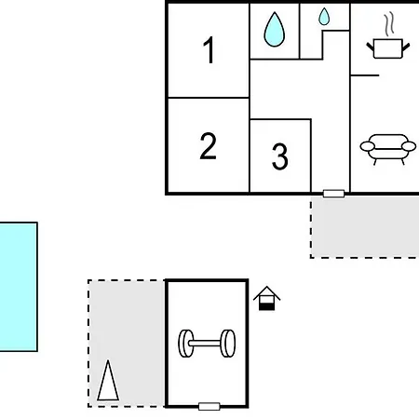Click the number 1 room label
[x=209, y=49]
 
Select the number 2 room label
[x=208, y=146]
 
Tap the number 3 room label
[x=280, y=156]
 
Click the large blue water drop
[x=275, y=30]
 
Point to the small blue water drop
[x=324, y=17]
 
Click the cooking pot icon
[x=388, y=48]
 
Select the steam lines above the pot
[x=389, y=23]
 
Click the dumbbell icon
[x=207, y=344]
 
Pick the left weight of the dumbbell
[x=186, y=344]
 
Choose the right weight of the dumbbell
[x=228, y=344]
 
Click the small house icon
[x=266, y=298]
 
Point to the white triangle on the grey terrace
[x=108, y=381]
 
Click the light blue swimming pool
[x=19, y=287]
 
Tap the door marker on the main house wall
[x=333, y=194]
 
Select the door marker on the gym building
[x=209, y=406]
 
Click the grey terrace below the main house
[x=365, y=226]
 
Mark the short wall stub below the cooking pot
[x=365, y=75]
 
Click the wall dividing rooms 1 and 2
[x=209, y=98]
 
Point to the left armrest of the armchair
[x=368, y=146]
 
